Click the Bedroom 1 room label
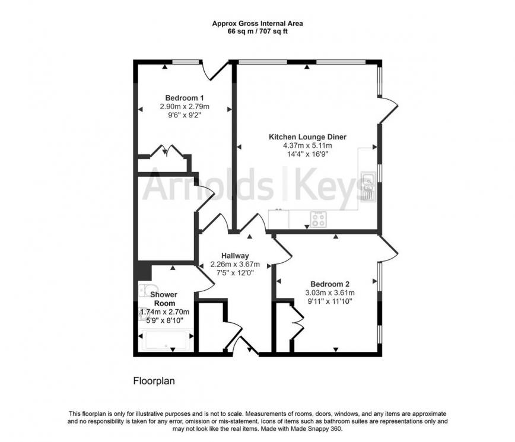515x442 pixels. point(185,98)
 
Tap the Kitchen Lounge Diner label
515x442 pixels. point(307,137)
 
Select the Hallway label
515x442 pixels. point(235,256)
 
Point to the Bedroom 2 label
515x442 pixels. point(330,284)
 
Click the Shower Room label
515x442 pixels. point(164,299)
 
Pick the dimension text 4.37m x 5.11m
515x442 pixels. point(307,145)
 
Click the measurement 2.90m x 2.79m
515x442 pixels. point(185,106)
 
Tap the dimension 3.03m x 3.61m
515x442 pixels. point(330,292)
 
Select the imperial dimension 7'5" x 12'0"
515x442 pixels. point(235,272)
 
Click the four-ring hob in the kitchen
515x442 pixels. point(318,220)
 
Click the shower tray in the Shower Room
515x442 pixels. point(166,340)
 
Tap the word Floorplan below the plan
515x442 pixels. point(154,381)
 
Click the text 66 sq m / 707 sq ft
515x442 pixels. point(257,32)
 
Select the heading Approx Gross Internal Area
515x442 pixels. point(257,24)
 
